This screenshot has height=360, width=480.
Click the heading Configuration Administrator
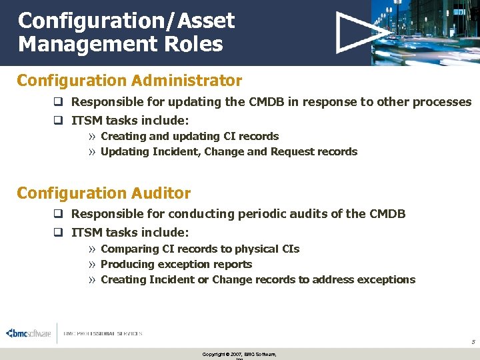tap(129, 81)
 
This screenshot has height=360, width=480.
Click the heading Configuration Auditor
tap(103, 193)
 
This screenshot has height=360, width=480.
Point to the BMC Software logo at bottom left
tap(28, 334)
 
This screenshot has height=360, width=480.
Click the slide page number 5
tap(473, 342)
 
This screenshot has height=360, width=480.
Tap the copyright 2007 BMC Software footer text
tap(239, 354)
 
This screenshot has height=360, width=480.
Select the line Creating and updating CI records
tap(189, 136)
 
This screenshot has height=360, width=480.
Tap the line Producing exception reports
tap(176, 264)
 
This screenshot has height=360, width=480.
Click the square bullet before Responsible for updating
tap(58, 103)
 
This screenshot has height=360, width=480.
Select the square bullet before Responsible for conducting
tap(58, 215)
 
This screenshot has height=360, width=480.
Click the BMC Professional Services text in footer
tap(103, 334)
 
